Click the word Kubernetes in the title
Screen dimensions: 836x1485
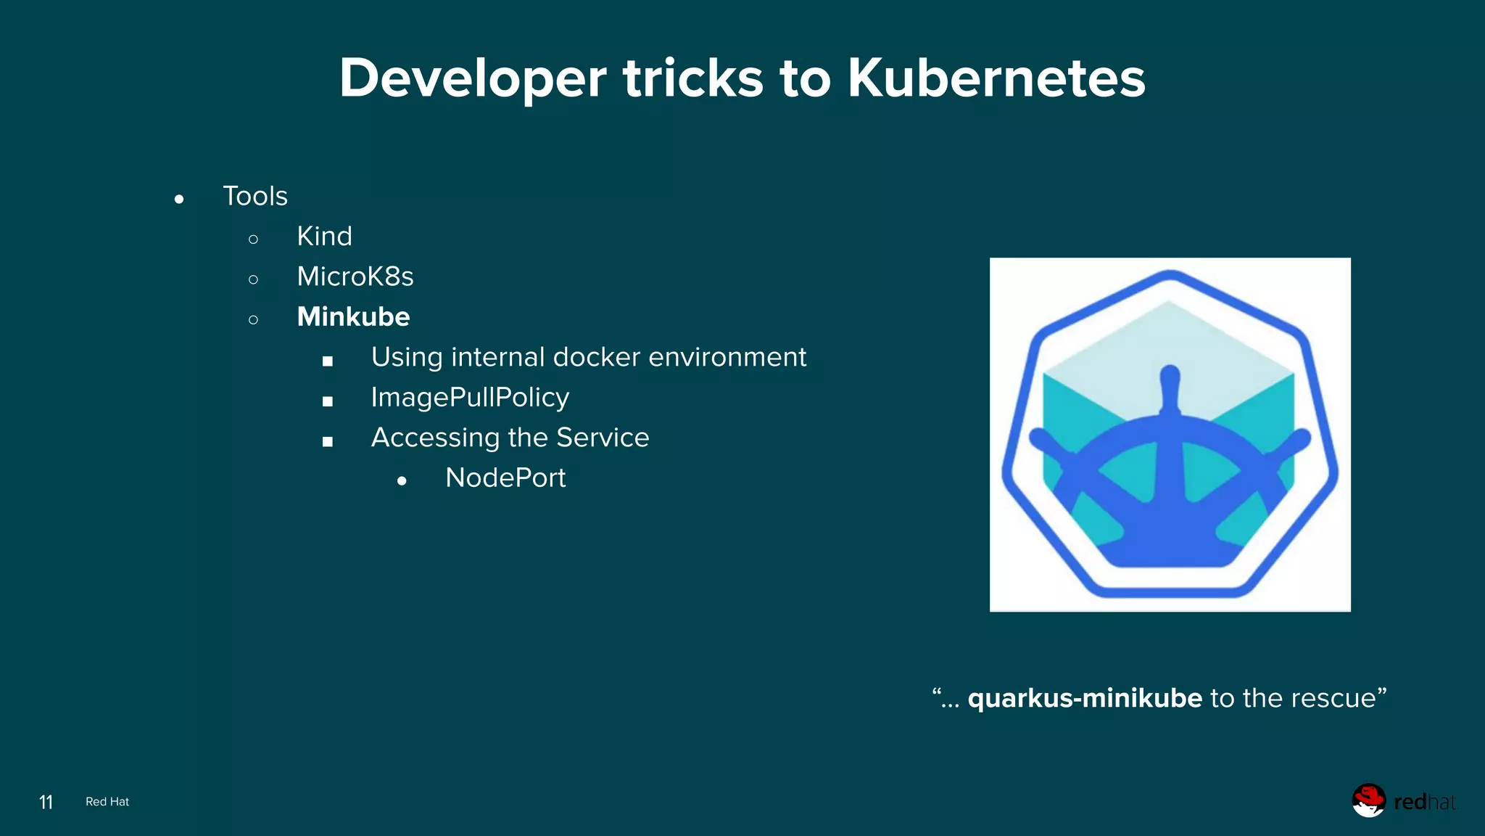[x=996, y=78]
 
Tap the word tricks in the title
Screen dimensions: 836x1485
[x=692, y=78]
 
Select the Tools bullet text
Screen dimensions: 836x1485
[x=255, y=196]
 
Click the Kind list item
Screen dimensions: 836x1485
[x=324, y=237]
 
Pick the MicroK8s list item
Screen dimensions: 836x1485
[x=355, y=276]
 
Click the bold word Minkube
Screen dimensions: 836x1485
[x=353, y=317]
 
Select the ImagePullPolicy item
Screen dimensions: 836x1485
[x=470, y=398]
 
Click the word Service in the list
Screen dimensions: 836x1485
[x=602, y=438]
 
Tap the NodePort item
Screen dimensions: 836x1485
[x=505, y=478]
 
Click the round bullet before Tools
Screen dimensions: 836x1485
[x=179, y=199]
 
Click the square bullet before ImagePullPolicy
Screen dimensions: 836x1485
[x=328, y=401]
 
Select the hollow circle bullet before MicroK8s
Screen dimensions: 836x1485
[x=253, y=279]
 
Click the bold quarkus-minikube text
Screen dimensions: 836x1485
[x=1085, y=698]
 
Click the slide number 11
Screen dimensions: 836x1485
[x=46, y=802]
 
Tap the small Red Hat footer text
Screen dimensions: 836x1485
[x=107, y=802]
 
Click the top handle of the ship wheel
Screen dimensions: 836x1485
[x=1170, y=381]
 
